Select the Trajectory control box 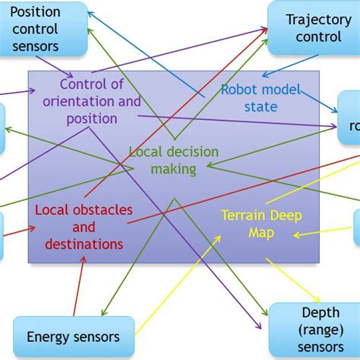313,29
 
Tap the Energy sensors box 74,336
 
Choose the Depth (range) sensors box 314,330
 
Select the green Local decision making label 173,160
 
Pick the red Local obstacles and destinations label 84,226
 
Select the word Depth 321,313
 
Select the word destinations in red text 84,244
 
